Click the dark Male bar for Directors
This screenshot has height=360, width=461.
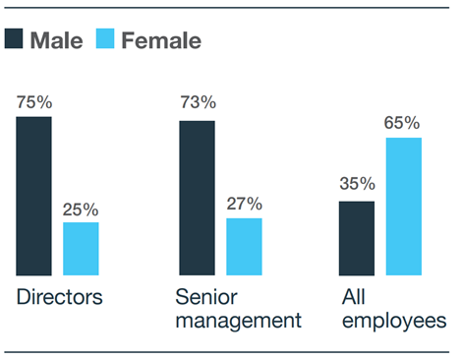(x=33, y=196)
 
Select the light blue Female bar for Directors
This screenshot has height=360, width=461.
(x=81, y=249)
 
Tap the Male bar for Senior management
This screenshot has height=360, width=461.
(x=197, y=198)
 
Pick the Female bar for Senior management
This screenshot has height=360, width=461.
(x=244, y=247)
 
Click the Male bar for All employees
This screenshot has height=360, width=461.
(x=357, y=238)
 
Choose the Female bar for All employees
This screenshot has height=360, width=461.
(x=404, y=207)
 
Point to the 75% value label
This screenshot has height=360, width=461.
(x=33, y=101)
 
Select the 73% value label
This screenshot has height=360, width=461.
(x=198, y=103)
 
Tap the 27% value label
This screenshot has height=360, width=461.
(x=245, y=204)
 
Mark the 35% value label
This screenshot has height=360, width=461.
(x=358, y=184)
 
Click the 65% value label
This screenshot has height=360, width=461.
(x=403, y=123)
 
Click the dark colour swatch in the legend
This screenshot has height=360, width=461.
(x=14, y=40)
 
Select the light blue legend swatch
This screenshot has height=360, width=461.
(x=105, y=40)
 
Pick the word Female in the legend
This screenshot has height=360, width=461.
(x=161, y=40)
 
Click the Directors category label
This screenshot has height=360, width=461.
(x=59, y=297)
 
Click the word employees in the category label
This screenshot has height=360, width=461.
(x=394, y=321)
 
